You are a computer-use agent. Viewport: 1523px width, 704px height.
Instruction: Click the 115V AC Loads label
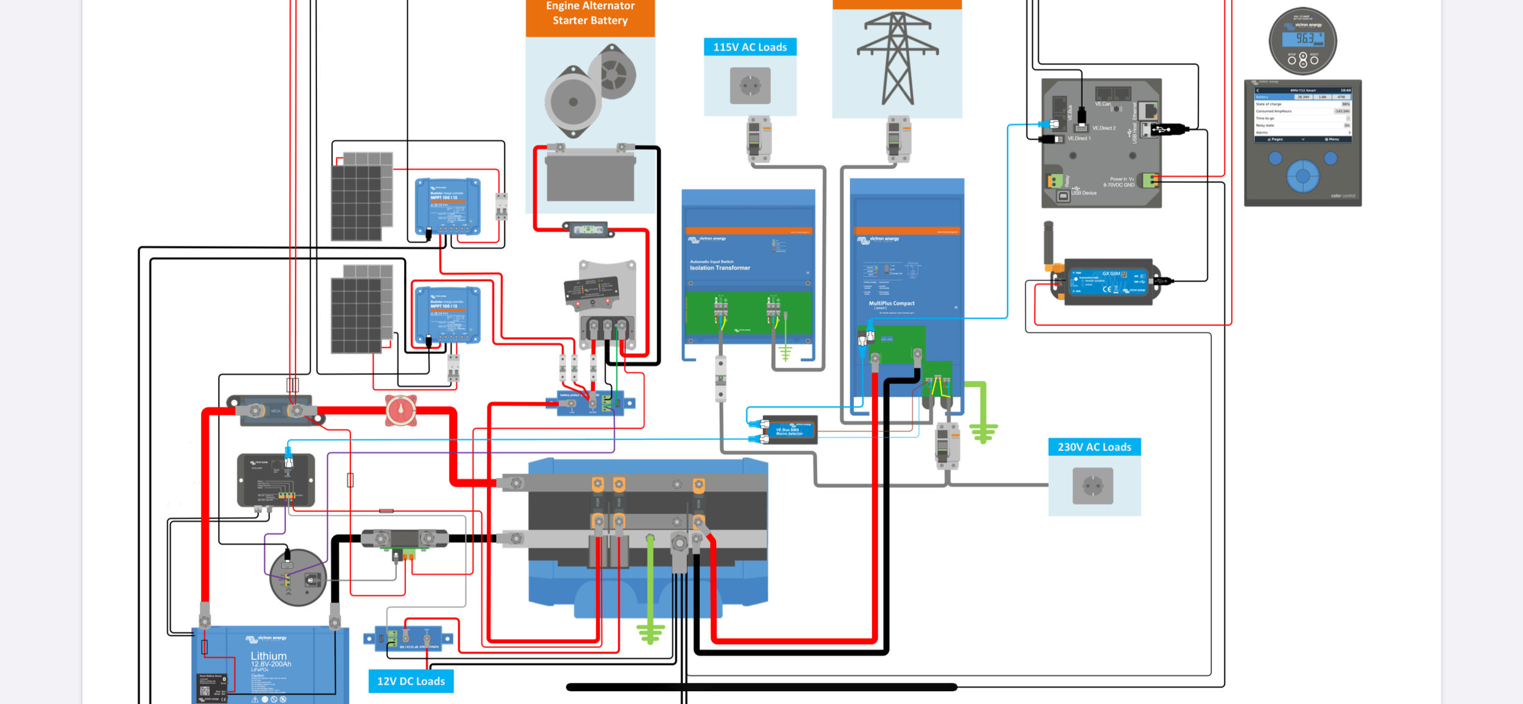(750, 47)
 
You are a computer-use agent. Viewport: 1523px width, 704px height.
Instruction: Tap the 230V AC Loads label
(1094, 447)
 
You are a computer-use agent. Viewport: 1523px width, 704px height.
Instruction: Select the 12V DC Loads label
(411, 681)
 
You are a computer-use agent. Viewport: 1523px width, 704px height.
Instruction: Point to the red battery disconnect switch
(400, 411)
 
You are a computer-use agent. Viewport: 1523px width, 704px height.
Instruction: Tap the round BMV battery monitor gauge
(1302, 41)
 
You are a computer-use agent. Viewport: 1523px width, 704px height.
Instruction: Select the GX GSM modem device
(1106, 282)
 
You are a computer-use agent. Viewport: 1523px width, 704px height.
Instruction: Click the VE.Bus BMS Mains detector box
(789, 430)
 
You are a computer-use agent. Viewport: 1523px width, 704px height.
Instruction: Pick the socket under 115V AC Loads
(750, 86)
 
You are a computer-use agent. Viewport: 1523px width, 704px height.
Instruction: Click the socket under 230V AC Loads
(1093, 486)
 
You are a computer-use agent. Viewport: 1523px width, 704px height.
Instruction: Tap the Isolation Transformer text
(720, 268)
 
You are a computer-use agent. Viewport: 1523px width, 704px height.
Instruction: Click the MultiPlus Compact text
(891, 303)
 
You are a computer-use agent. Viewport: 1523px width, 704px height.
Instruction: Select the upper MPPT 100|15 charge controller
(447, 206)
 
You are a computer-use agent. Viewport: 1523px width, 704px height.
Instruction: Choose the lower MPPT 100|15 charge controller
(447, 315)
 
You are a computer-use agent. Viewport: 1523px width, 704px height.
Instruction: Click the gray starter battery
(590, 176)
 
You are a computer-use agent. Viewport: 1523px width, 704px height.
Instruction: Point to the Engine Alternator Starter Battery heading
(590, 13)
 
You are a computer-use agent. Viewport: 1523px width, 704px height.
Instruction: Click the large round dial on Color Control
(1302, 176)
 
